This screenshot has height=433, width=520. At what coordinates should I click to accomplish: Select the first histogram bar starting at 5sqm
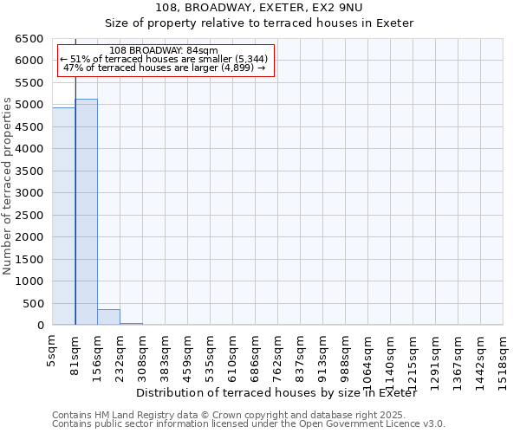click(x=63, y=216)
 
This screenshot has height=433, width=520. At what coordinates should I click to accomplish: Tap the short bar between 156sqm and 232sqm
click(x=108, y=317)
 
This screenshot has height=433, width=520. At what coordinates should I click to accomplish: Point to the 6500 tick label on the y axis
click(x=29, y=39)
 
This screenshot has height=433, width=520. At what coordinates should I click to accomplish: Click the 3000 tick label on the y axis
click(x=29, y=193)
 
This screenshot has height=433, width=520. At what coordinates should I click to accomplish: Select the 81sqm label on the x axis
click(x=75, y=355)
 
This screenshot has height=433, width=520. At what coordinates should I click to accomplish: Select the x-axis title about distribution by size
click(x=277, y=393)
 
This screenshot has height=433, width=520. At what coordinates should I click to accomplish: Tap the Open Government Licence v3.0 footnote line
click(x=249, y=424)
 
